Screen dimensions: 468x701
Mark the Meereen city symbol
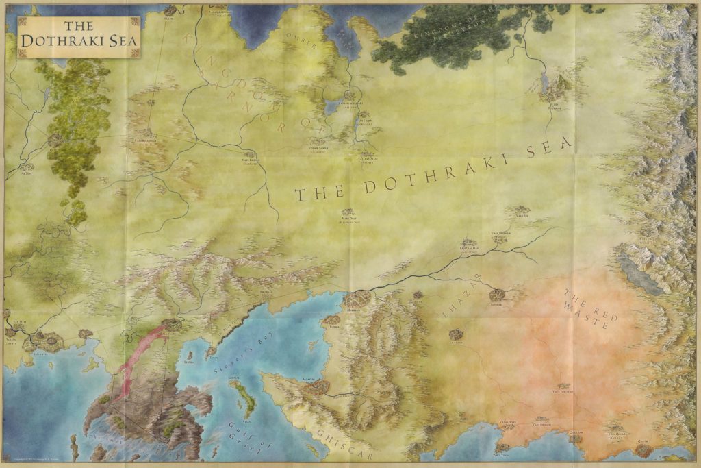click(x=359, y=298)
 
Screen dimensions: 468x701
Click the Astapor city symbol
click(x=316, y=387)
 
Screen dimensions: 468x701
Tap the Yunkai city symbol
click(x=331, y=320)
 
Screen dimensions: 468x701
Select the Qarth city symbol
click(x=643, y=449)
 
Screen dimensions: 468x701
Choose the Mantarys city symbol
click(x=171, y=323)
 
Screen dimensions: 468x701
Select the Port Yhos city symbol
click(x=503, y=448)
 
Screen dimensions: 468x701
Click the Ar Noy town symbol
click(x=27, y=167)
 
